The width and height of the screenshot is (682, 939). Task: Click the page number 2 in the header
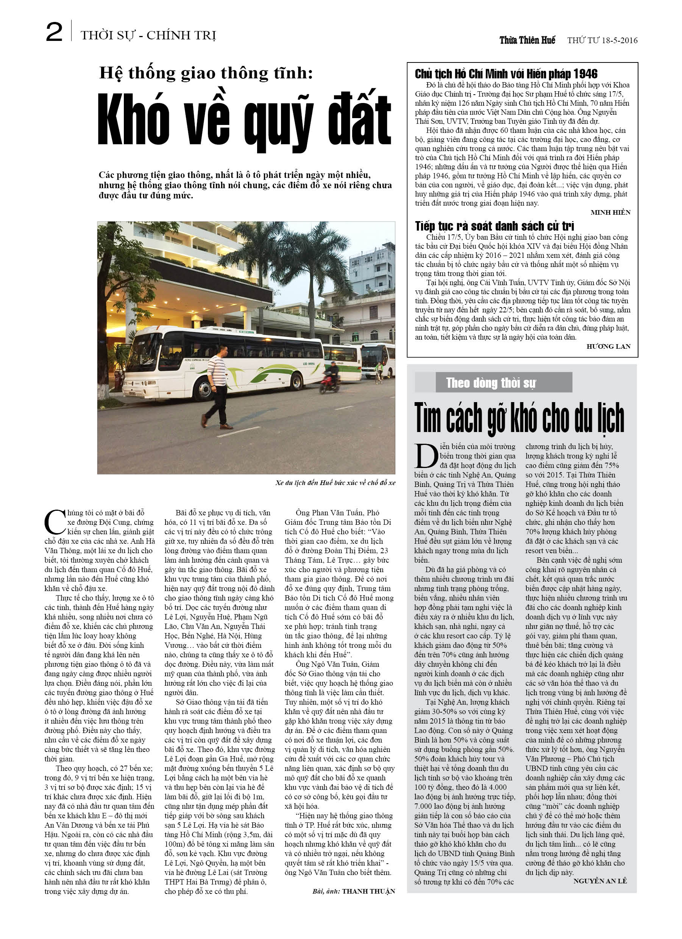coord(54,32)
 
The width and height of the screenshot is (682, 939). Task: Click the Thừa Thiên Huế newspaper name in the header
coord(527,40)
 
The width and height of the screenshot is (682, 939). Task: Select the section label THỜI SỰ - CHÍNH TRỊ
coord(148,36)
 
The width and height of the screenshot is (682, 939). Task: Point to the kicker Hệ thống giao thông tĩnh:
coord(206,73)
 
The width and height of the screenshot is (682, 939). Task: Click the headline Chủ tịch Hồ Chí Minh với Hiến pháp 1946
coord(506,74)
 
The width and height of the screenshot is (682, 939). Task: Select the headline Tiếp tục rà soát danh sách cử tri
coord(494,226)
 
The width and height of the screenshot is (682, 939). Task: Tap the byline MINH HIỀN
coord(610,212)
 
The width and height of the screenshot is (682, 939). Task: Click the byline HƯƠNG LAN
coord(608,346)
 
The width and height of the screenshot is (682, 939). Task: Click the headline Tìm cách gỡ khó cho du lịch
coord(519,418)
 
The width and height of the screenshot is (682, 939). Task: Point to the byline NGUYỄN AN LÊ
coord(599,881)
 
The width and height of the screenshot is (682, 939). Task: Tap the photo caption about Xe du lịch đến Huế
coord(335,483)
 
